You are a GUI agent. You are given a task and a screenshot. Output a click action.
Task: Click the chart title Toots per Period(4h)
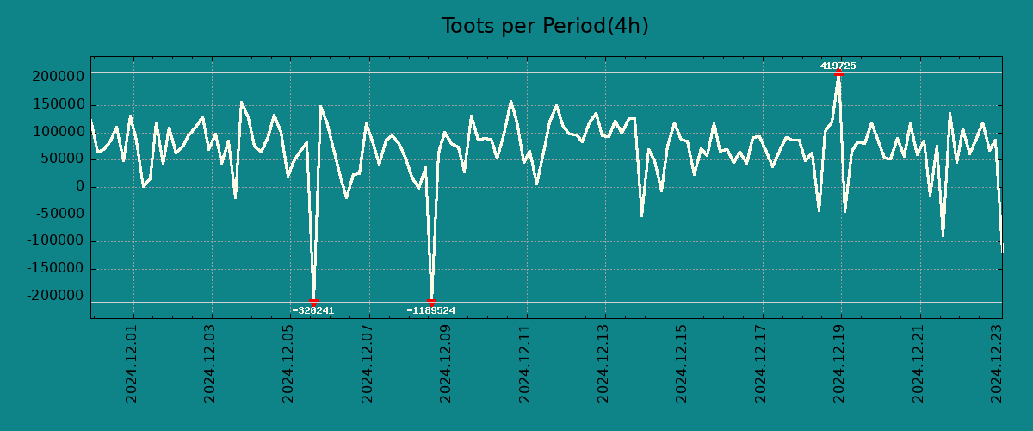click(x=545, y=26)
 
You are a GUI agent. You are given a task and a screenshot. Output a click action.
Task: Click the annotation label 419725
click(x=838, y=66)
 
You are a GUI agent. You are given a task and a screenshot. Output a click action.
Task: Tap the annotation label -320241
click(x=313, y=310)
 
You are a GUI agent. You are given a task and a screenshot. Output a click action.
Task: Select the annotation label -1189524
click(x=431, y=310)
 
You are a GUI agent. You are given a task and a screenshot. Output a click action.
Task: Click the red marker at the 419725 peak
click(x=838, y=73)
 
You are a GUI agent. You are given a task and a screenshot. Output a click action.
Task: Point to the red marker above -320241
click(x=313, y=302)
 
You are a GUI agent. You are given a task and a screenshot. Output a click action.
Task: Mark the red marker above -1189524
click(x=431, y=302)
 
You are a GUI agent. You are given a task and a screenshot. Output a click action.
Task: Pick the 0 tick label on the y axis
click(x=79, y=187)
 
